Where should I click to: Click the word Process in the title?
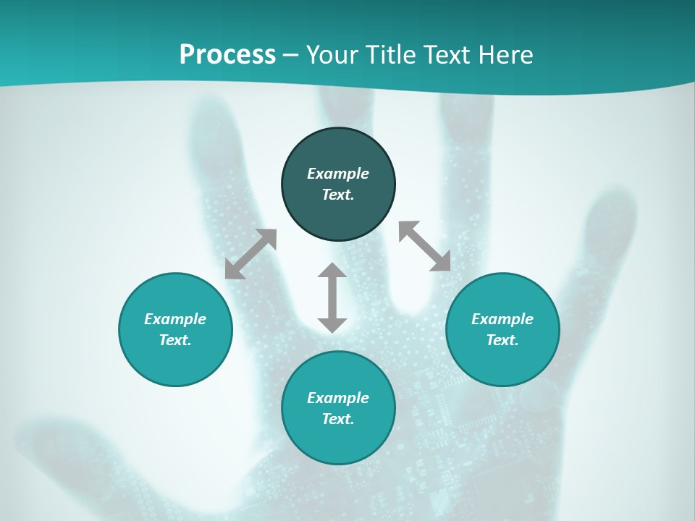227,55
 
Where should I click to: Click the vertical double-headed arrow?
332,297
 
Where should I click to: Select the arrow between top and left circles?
250,254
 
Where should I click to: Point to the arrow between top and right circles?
425,246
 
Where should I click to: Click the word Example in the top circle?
338,174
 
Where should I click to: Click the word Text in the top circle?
338,195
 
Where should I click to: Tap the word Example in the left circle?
175,319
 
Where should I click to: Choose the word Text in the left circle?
175,340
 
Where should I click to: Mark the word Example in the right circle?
502,319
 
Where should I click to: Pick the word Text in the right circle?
502,340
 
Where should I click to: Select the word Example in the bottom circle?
338,398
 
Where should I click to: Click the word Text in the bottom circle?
338,419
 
